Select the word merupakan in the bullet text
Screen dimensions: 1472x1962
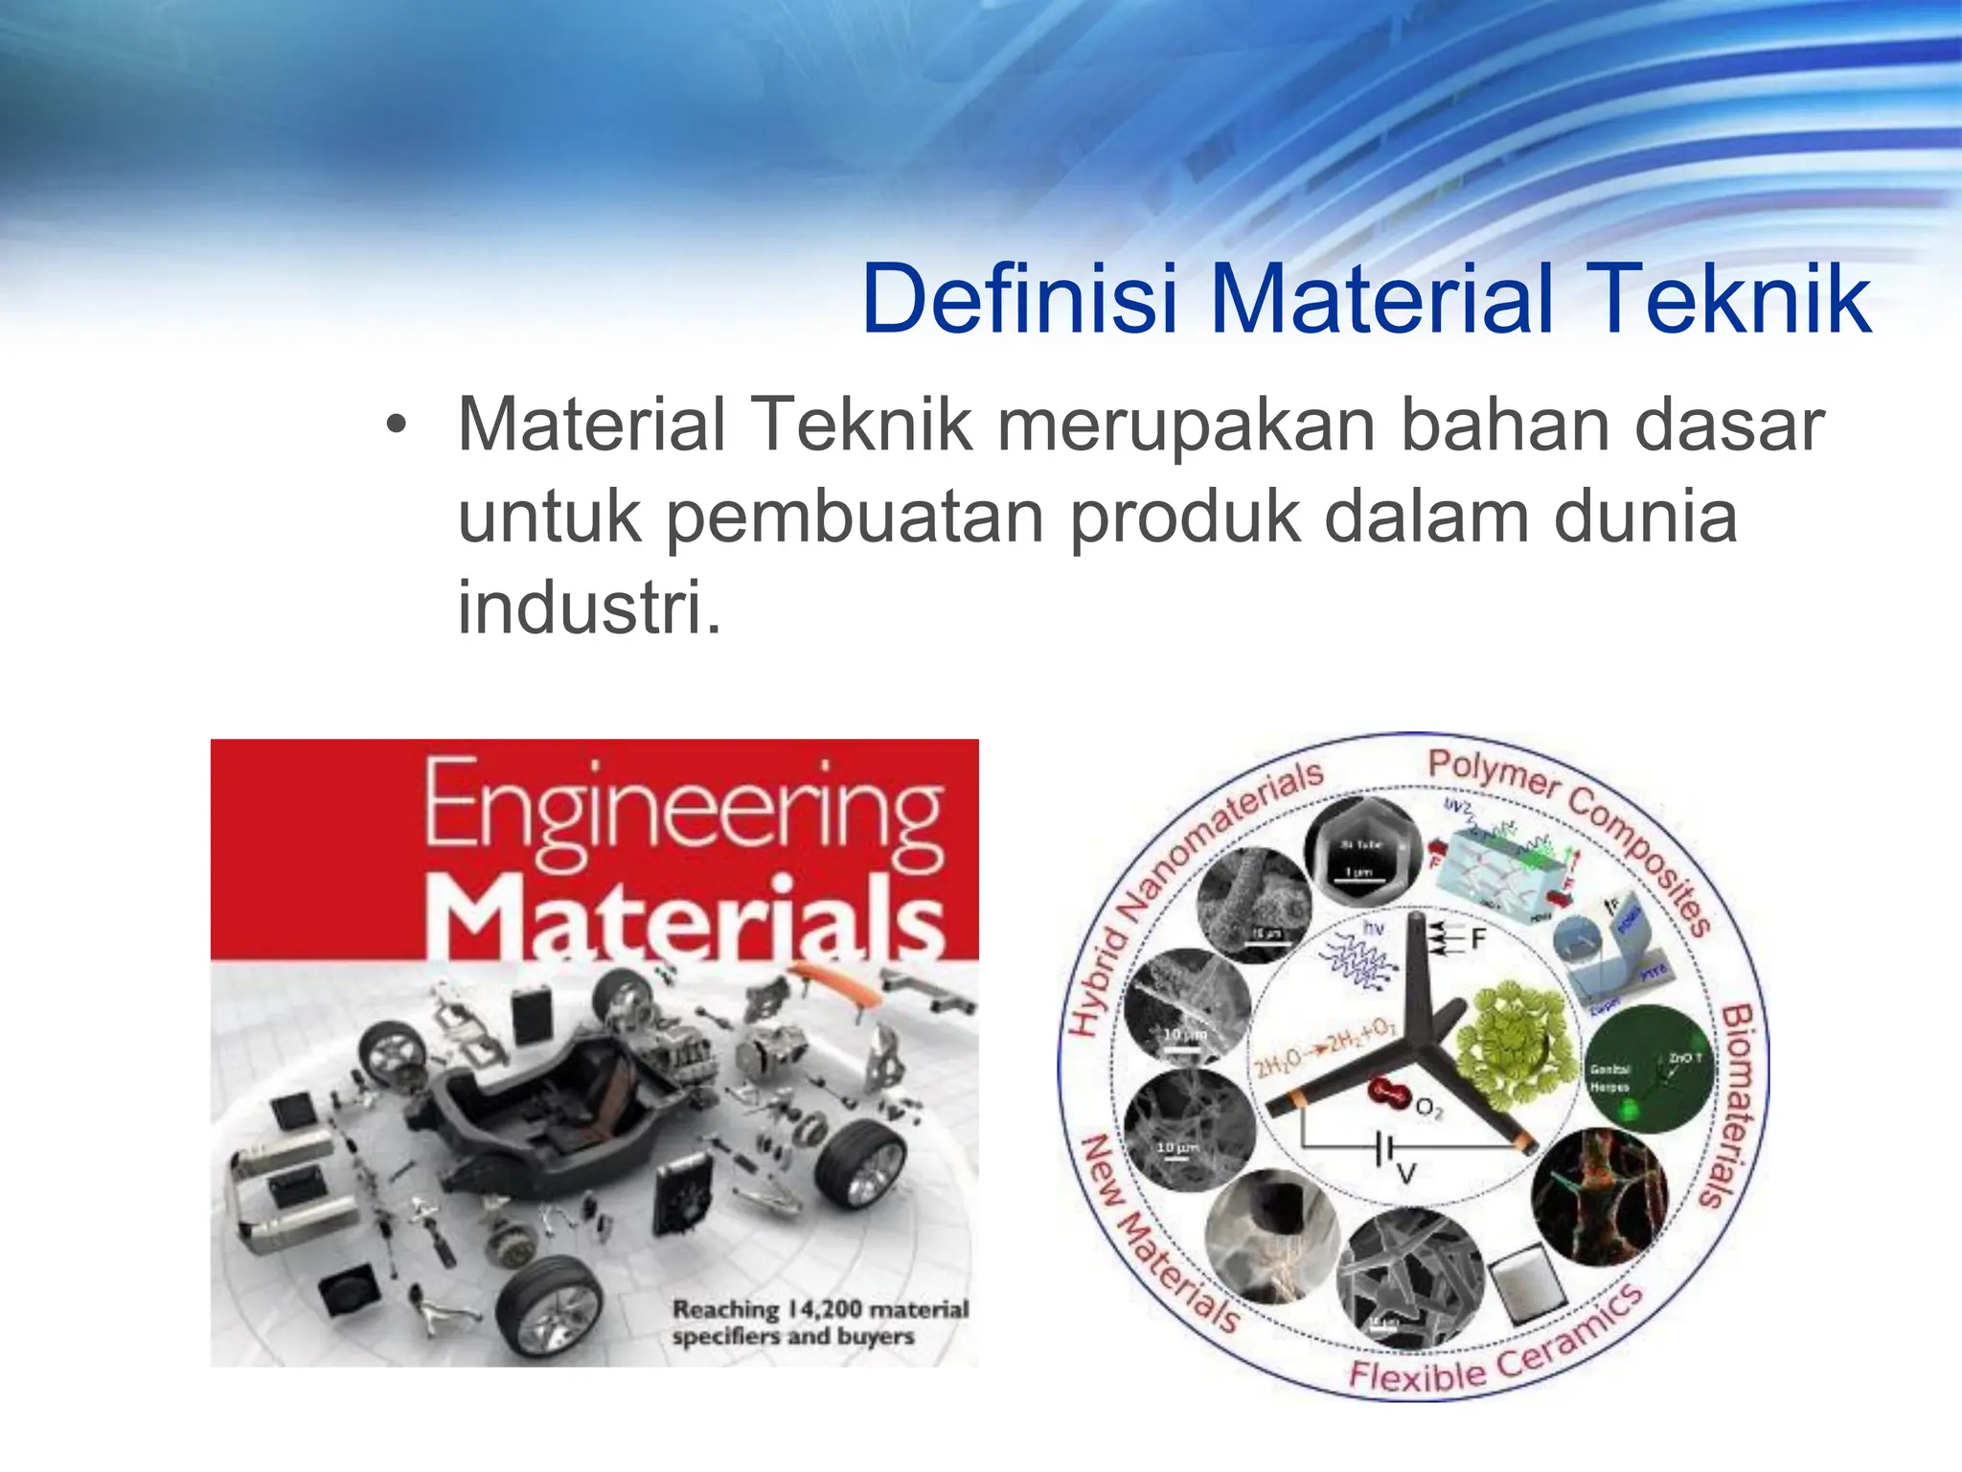point(1185,425)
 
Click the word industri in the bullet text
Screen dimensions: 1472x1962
point(582,608)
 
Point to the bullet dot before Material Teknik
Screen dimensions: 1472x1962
point(397,425)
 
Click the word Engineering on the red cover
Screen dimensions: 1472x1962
point(683,812)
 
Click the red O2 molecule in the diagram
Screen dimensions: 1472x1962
point(1386,1092)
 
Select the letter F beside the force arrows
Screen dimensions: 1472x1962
point(1478,939)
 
